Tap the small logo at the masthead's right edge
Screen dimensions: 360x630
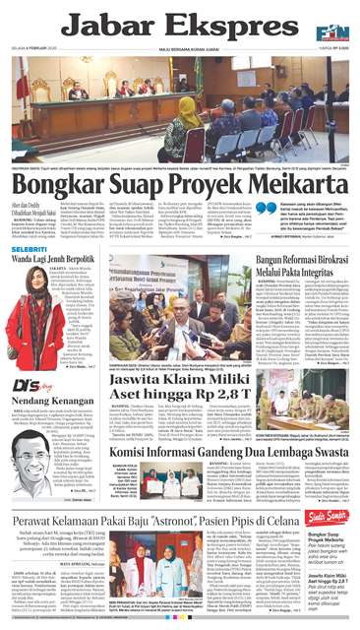pos(339,20)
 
